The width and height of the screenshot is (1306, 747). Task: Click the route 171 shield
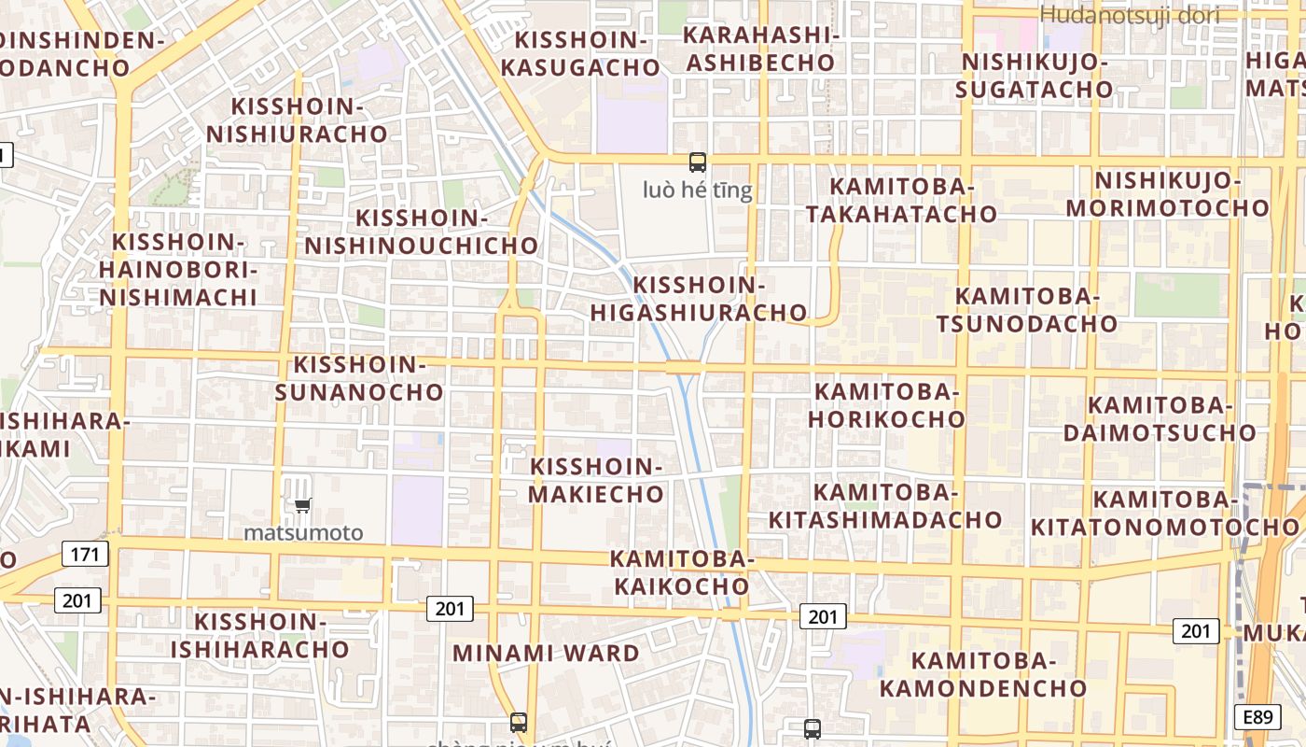point(85,555)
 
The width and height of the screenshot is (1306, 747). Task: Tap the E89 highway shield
point(1257,717)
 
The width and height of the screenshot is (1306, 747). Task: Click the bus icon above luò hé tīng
point(697,162)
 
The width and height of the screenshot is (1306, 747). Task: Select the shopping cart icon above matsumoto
point(302,506)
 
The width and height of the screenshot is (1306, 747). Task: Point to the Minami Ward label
point(546,653)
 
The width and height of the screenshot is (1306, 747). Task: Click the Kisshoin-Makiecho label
point(597,480)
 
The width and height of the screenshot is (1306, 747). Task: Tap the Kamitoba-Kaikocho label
point(680,572)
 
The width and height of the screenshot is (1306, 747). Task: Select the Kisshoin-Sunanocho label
point(359,378)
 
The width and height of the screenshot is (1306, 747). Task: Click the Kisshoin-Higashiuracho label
point(699,299)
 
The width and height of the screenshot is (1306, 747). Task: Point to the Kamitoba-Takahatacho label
point(901,200)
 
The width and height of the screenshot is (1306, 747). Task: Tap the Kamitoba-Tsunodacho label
point(1027,310)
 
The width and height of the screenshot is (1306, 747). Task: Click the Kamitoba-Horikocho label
point(886,404)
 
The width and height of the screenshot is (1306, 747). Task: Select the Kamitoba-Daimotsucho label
point(1160,418)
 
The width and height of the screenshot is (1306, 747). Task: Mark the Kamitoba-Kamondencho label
point(983,675)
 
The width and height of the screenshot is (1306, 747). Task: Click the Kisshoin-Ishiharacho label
point(259,635)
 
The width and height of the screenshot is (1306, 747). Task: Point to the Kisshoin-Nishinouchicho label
point(422,232)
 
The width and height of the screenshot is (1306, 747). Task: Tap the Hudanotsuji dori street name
point(1129,15)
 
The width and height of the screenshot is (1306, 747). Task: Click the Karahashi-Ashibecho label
point(759,49)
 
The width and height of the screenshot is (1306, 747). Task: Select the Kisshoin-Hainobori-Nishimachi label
point(177,270)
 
